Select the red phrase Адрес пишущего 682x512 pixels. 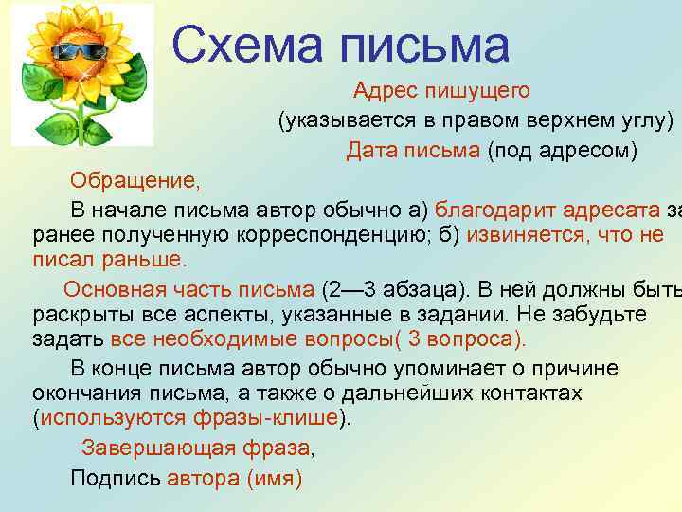click(441, 91)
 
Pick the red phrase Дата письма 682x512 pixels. click(413, 151)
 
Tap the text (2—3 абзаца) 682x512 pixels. click(392, 289)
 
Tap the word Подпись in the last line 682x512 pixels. click(116, 478)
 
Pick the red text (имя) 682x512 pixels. click(274, 478)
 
